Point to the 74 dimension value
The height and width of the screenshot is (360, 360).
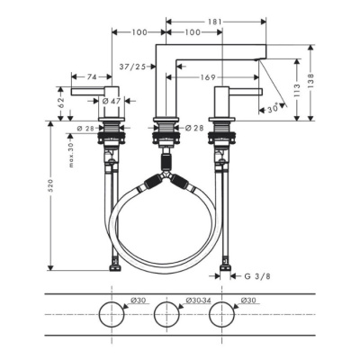coord(92,77)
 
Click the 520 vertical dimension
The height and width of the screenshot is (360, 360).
coord(51,184)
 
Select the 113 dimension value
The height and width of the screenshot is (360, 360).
coord(295,91)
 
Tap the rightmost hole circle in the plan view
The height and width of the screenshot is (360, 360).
coord(221,314)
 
